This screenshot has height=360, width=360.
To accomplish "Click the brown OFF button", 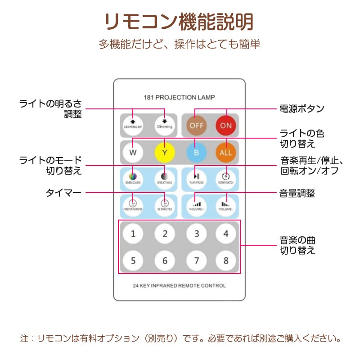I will pyautogui.click(x=196, y=125).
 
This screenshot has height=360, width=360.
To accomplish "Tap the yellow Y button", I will pyautogui.click(x=165, y=152).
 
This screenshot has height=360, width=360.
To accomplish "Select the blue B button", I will pyautogui.click(x=196, y=152).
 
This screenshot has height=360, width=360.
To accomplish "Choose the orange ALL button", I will pyautogui.click(x=226, y=152).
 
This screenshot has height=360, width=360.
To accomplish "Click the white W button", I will pyautogui.click(x=133, y=152).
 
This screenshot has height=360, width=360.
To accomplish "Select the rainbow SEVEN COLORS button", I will pyautogui.click(x=133, y=178).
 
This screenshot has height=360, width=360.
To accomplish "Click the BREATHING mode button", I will pyautogui.click(x=165, y=178).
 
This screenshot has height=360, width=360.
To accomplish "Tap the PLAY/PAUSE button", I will pyautogui.click(x=196, y=178).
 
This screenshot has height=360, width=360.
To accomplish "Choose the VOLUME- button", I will pyautogui.click(x=226, y=206).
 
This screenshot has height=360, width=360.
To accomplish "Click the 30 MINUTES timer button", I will pyautogui.click(x=165, y=206).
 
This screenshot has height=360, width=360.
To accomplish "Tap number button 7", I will pyautogui.click(x=196, y=260).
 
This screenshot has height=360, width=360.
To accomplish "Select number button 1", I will pyautogui.click(x=133, y=234).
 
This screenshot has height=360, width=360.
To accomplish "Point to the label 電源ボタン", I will pyautogui.click(x=302, y=108).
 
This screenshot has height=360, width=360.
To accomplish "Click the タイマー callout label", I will pyautogui.click(x=63, y=193).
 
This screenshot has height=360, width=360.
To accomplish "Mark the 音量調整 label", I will pyautogui.click(x=297, y=193).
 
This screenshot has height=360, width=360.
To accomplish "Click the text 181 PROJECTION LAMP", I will pyautogui.click(x=179, y=97).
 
